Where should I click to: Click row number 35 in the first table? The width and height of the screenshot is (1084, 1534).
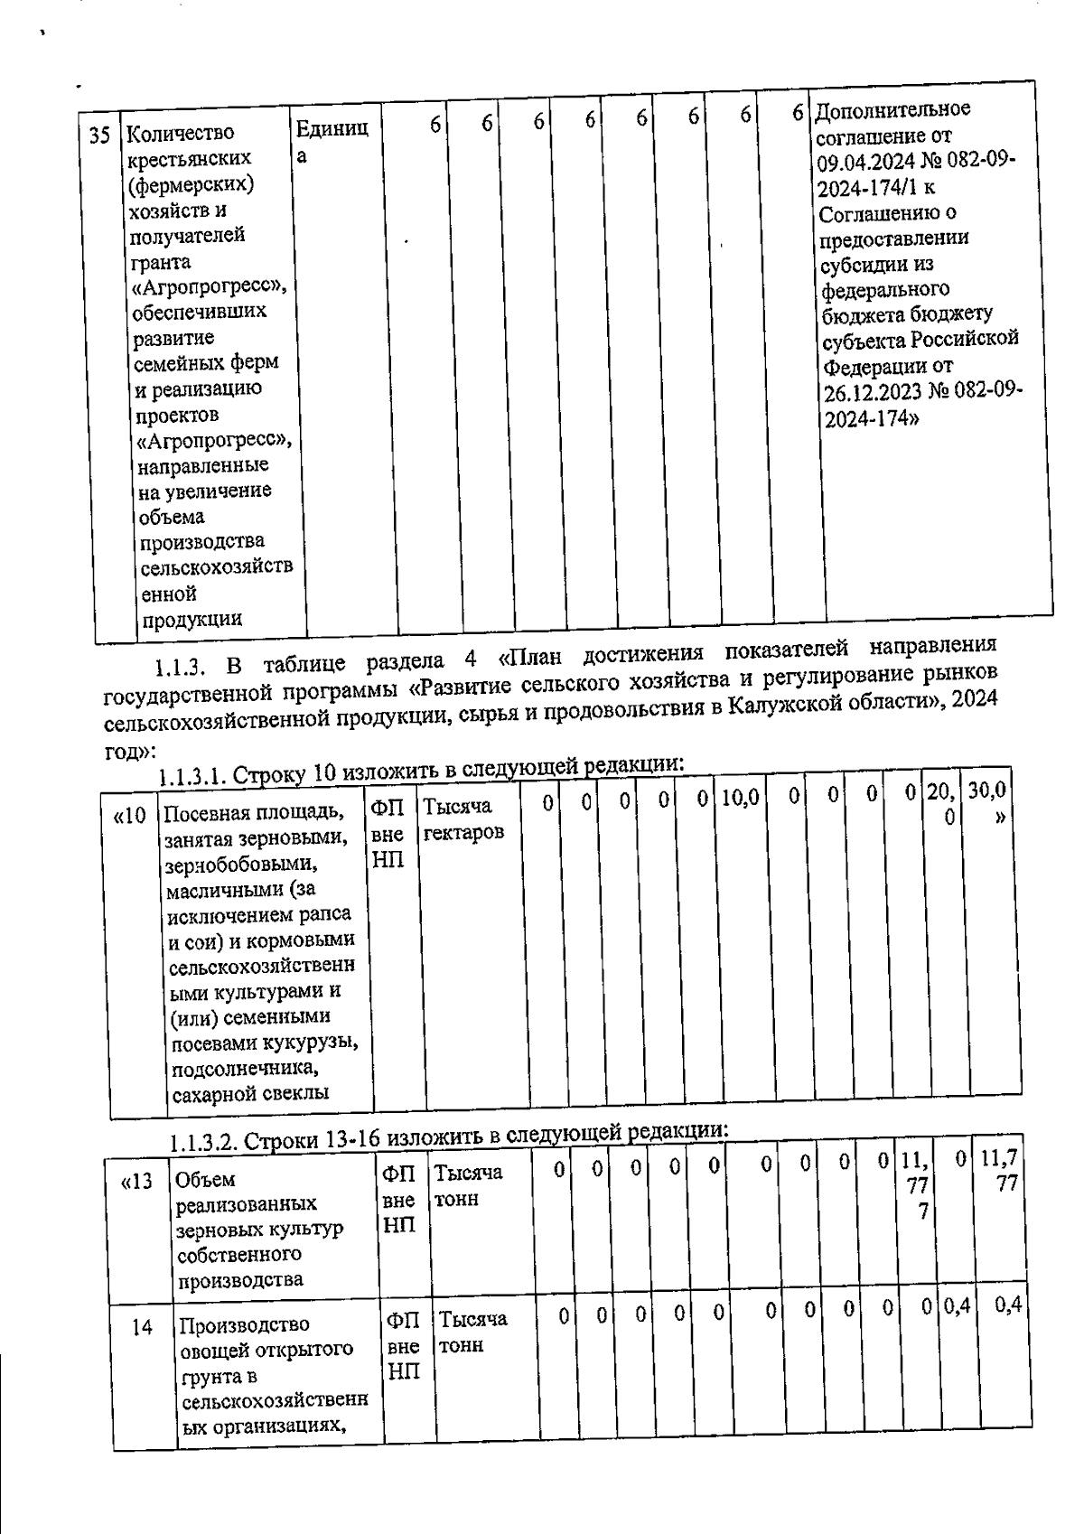99,136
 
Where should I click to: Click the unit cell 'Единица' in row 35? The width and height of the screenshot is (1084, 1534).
331,141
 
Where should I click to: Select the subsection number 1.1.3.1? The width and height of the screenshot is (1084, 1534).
193,777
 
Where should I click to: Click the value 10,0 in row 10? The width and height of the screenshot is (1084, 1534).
740,797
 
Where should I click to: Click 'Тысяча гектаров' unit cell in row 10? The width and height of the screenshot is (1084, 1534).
462,818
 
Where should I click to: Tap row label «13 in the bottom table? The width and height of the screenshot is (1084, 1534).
137,1182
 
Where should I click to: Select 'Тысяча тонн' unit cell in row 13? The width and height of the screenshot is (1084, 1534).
468,1185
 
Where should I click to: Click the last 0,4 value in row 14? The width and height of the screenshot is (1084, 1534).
1007,1305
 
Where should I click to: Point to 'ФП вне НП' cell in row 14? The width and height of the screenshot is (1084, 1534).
403,1346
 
